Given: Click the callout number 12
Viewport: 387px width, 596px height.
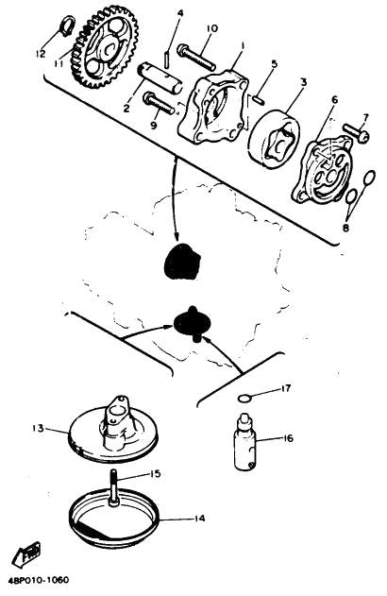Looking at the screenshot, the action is coord(41,54).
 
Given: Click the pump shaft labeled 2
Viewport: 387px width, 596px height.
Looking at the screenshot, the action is coord(160,77).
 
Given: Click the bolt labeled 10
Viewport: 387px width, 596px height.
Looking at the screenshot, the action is coord(195,58).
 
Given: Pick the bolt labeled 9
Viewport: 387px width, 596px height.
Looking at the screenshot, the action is coord(160,103).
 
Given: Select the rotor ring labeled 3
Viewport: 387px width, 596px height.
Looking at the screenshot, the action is coord(274,139).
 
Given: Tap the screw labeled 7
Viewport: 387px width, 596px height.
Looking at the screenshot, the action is coord(356,132).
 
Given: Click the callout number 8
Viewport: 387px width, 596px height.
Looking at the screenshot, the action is coord(345,228).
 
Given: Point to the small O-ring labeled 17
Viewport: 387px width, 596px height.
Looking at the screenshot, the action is coord(244,398).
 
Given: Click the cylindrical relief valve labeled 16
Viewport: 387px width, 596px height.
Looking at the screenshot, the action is coord(244,441).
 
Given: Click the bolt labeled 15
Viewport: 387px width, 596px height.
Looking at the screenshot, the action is coord(115,487).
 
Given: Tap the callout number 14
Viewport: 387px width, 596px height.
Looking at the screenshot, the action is coord(199,519).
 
